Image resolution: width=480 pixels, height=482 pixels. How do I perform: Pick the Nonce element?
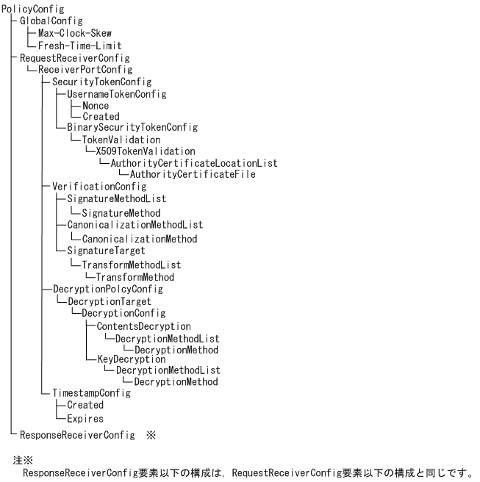(96, 106)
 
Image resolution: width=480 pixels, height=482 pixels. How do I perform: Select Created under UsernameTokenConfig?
(101, 117)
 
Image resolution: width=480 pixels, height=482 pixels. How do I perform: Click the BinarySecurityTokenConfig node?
(132, 128)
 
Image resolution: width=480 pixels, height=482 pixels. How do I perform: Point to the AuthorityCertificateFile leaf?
(193, 174)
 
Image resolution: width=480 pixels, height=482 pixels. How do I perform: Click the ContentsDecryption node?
(144, 326)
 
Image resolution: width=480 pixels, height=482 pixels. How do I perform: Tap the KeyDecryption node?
(132, 359)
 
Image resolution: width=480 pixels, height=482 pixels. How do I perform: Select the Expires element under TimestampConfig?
(85, 419)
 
